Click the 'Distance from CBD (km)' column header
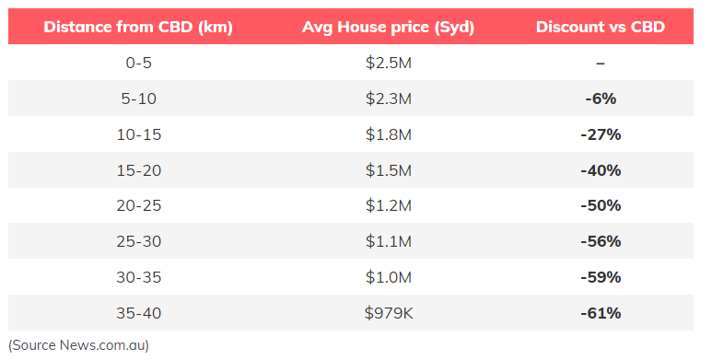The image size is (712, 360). point(138,27)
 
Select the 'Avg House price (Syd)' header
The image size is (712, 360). point(388,27)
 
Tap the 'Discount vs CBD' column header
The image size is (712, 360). point(601,27)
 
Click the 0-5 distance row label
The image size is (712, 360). point(138,63)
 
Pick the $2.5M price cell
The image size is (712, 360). point(389,63)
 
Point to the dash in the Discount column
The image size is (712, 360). point(601,63)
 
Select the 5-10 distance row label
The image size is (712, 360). point(138,99)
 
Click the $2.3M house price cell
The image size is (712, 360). point(389,99)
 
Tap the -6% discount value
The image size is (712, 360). point(601,99)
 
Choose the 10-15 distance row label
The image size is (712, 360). point(138,134)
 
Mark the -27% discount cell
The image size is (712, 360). point(601,134)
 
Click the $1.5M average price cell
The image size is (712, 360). point(389,170)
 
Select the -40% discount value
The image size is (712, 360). point(601,170)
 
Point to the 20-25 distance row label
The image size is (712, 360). point(138,205)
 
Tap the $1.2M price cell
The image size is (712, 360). point(389,205)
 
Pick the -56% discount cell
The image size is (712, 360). point(601,241)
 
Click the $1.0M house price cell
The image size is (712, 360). point(389,277)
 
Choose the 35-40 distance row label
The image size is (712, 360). point(138,313)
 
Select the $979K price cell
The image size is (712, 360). point(389,313)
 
